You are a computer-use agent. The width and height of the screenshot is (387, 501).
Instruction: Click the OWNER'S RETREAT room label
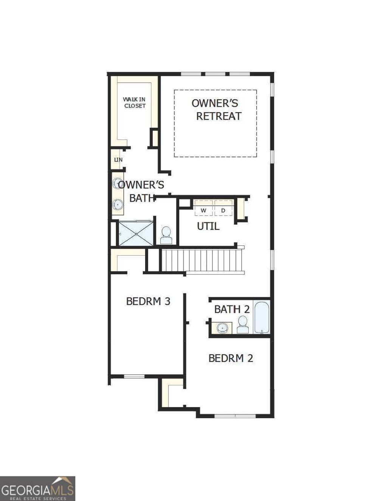(x=215, y=110)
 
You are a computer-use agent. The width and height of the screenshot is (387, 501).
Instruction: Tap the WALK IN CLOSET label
(x=134, y=102)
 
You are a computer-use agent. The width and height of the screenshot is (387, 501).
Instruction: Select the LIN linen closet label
(x=118, y=160)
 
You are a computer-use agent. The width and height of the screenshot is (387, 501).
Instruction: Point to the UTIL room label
(x=208, y=226)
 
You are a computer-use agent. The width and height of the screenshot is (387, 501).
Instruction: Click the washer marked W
(x=204, y=210)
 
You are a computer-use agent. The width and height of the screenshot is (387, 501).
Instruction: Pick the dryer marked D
(x=223, y=210)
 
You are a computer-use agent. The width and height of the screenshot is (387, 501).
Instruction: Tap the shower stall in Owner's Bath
(x=136, y=234)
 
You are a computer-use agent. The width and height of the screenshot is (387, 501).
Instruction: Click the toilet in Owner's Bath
(x=166, y=236)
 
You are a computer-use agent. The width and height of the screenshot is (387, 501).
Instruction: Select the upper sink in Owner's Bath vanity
(x=118, y=183)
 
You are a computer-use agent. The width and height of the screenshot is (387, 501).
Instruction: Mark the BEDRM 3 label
(x=148, y=301)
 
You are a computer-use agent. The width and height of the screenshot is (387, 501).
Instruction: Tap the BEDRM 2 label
(x=231, y=358)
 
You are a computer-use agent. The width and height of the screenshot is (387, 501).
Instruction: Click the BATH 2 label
(x=232, y=309)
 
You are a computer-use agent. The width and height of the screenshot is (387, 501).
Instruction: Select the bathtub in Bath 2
(x=262, y=318)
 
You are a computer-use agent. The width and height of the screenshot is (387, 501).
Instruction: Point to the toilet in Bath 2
(x=243, y=325)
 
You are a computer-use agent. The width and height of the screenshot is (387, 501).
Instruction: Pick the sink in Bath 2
(x=224, y=328)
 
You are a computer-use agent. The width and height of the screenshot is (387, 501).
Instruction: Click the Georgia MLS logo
(x=37, y=489)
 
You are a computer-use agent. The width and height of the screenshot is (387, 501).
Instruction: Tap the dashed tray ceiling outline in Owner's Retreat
(x=215, y=90)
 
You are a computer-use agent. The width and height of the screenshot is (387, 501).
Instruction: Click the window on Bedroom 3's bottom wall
(x=134, y=376)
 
